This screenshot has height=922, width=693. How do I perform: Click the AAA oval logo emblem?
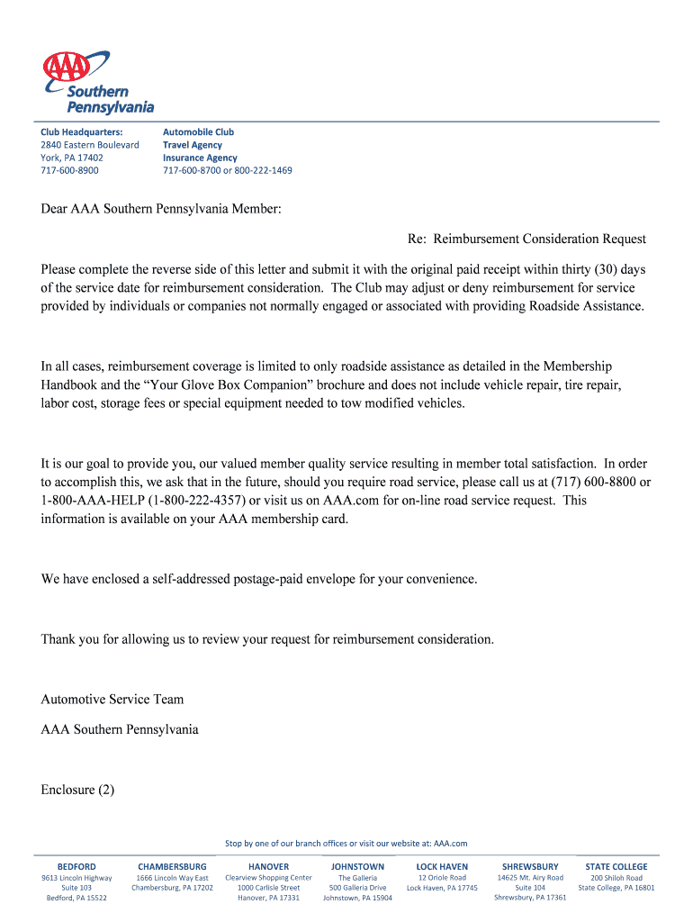point(68,66)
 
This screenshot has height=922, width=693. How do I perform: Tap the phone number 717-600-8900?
point(69,170)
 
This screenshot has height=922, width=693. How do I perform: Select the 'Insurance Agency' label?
point(200,158)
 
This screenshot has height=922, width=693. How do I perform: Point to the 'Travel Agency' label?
point(192,145)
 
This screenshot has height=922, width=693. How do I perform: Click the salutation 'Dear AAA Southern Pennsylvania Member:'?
point(161,209)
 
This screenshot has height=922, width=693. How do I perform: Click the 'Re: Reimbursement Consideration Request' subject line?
point(526,239)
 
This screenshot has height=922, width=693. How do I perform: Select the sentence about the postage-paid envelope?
point(258,579)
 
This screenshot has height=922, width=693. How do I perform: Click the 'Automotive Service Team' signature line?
point(112,699)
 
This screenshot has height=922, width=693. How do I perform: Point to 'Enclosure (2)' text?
point(77,790)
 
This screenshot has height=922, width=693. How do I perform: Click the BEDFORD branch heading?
point(76,867)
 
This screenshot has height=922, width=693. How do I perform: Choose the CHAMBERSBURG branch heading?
point(172,867)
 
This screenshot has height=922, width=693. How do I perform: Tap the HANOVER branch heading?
point(268,867)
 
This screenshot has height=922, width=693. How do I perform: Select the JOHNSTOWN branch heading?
point(357,867)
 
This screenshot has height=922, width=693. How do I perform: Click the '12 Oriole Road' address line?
point(442,878)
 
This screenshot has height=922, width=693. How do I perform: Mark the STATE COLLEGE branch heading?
point(616,867)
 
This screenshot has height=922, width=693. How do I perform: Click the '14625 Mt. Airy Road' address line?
point(530,878)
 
